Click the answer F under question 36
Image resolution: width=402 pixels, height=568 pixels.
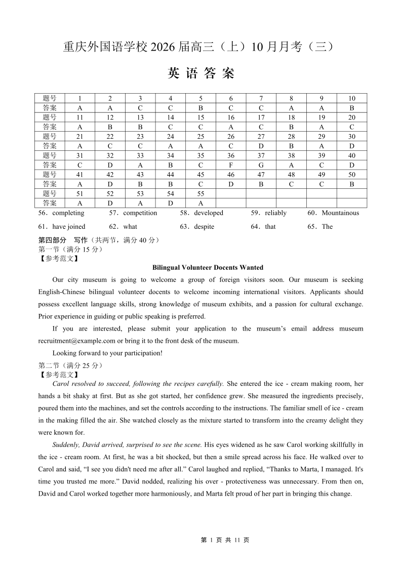(231, 165)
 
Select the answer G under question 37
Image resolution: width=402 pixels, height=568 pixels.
(261, 165)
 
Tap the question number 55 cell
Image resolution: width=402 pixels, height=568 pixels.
(200, 193)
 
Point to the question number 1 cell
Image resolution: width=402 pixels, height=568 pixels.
(79, 98)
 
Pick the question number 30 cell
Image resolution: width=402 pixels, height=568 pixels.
(352, 136)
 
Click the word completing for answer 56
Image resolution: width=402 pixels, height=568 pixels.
(68, 213)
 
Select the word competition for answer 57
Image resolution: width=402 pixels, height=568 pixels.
(140, 213)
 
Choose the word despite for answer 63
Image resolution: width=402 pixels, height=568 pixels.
(204, 227)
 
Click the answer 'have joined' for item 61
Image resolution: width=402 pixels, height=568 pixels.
(69, 227)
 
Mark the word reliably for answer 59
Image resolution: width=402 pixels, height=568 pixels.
(275, 213)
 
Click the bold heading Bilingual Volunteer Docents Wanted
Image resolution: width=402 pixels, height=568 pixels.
(208, 267)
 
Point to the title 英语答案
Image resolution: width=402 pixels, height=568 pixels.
(201, 74)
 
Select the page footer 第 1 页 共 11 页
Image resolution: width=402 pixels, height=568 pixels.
(225, 540)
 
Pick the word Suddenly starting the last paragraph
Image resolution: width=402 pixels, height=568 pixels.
(66, 444)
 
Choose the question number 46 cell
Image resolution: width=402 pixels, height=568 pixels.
(231, 175)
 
